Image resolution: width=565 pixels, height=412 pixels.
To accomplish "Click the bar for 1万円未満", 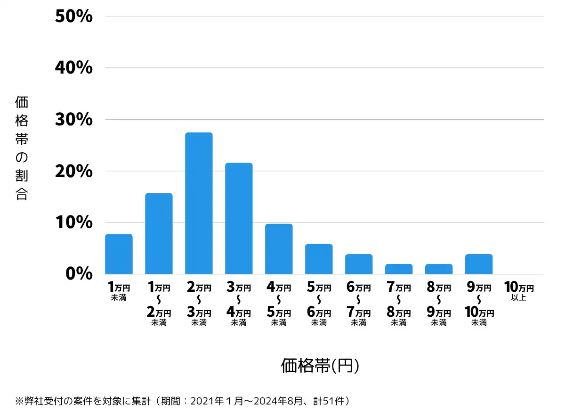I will tap(119, 254).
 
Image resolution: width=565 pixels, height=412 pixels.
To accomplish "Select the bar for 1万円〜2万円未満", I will tap(159, 234).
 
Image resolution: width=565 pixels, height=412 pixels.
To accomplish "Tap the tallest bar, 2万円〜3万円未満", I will tap(199, 203).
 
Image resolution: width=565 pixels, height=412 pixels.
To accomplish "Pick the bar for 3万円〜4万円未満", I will tap(239, 218).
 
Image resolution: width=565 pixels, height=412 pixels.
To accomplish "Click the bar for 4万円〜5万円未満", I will tap(279, 249).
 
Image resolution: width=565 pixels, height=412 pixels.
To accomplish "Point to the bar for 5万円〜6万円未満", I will tap(319, 259).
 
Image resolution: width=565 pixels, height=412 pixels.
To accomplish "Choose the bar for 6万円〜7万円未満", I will tap(359, 264).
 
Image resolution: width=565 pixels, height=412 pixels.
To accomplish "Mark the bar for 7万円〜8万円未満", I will tap(399, 269).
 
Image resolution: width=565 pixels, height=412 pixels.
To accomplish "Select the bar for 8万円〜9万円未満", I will tap(439, 269).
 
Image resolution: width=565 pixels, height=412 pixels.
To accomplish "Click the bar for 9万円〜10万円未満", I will tap(479, 264).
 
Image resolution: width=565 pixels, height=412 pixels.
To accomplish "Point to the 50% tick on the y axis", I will tap(73, 16).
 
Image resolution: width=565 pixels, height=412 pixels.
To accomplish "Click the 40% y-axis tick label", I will tap(73, 68).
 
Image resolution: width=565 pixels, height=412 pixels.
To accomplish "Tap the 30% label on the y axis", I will tap(73, 119).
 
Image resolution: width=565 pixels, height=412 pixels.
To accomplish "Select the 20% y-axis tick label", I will tap(73, 171).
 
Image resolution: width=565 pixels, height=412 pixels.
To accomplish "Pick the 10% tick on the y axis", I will tap(73, 222).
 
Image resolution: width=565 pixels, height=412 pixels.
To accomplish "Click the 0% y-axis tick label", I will tap(79, 274).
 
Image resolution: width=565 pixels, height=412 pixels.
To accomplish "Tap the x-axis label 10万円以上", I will tap(519, 291).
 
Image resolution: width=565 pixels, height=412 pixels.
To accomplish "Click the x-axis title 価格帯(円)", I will tap(320, 366).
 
